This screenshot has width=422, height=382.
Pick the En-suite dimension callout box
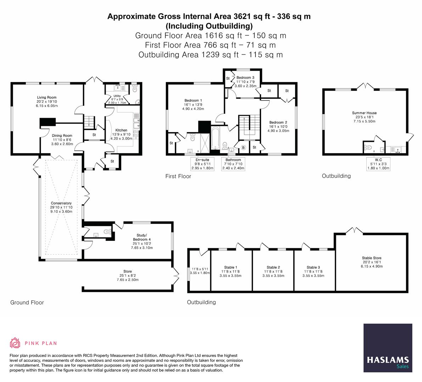tap(202, 164)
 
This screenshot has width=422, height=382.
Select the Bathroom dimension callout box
tap(233, 164)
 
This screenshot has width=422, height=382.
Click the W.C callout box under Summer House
tap(378, 164)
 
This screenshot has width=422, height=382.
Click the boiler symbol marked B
tap(243, 147)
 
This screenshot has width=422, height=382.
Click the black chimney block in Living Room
tap(47, 122)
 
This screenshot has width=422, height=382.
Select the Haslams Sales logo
tap(388, 348)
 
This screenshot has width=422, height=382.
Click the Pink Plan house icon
tap(15, 343)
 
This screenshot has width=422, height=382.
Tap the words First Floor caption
tap(178, 176)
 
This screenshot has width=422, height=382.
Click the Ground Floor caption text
tap(27, 302)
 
